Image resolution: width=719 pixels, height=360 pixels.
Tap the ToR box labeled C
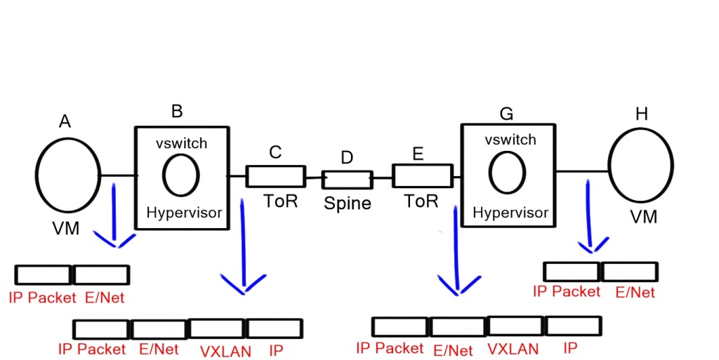click(x=275, y=176)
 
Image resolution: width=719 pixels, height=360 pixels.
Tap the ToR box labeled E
click(x=421, y=175)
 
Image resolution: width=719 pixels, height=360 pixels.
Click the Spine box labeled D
click(x=347, y=180)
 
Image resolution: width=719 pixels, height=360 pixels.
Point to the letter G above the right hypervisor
click(x=505, y=112)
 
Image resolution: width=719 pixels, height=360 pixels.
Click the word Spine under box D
click(x=347, y=204)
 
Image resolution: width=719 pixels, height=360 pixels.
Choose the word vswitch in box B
click(x=181, y=143)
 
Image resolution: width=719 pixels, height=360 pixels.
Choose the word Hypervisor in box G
click(x=510, y=213)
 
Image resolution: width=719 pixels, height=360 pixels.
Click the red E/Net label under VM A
click(x=104, y=298)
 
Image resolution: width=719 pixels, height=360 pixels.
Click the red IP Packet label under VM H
click(x=567, y=291)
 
